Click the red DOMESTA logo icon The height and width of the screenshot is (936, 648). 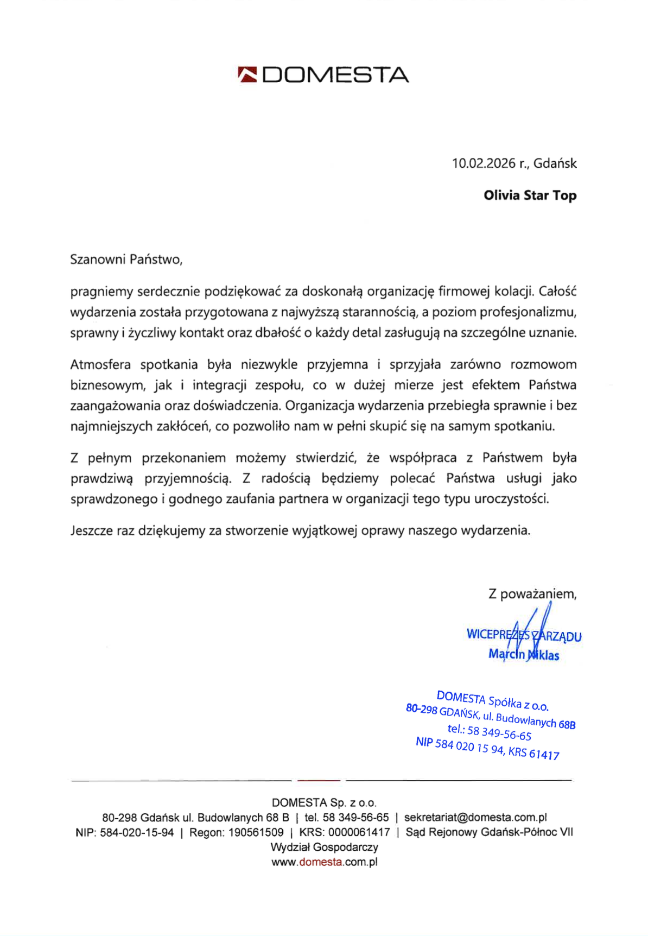[247, 74]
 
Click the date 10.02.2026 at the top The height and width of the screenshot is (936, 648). [484, 163]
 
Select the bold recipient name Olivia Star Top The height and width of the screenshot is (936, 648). [530, 195]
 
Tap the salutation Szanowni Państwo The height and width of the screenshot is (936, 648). [126, 260]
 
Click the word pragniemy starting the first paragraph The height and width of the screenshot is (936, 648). [101, 292]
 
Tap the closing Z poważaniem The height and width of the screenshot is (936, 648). [532, 594]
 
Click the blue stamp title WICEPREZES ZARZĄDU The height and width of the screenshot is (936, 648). [524, 635]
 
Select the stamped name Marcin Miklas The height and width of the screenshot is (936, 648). [524, 655]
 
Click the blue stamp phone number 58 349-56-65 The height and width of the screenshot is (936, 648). [499, 733]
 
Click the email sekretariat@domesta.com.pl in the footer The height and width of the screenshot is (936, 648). [475, 817]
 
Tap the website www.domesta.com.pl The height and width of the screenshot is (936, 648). [324, 862]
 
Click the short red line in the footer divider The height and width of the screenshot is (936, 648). [319, 780]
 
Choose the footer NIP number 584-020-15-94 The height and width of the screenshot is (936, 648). [137, 832]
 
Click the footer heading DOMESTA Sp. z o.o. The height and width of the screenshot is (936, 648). [324, 802]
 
